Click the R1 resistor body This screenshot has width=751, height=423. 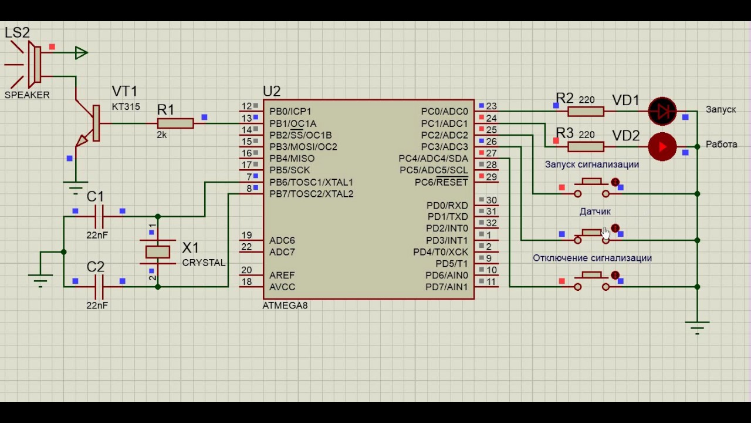pos(175,123)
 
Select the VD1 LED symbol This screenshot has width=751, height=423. pos(662,111)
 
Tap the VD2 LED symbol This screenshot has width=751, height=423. pos(662,147)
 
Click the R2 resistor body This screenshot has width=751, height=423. pos(586,112)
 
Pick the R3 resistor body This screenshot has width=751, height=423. pos(586,147)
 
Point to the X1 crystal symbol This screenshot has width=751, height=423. pos(158,252)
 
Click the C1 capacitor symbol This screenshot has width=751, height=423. pos(99,217)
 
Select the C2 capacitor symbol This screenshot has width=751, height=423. pos(99,287)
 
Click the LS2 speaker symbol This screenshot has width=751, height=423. pos(33,64)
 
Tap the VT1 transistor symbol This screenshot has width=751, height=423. pos(89,123)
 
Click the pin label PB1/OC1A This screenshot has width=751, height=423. pos(293,123)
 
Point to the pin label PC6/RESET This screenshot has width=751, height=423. pos(441,182)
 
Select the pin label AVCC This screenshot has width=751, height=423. pos(282,287)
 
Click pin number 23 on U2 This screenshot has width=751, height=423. pos(491,106)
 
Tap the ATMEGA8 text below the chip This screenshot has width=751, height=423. pos(285,305)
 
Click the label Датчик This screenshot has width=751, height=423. pos(595,211)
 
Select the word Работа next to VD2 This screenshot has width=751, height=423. pos(721,145)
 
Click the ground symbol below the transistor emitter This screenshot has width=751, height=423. pos(76,187)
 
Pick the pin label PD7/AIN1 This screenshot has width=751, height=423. pos(446,287)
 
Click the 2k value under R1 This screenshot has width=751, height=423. pos(161,135)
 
